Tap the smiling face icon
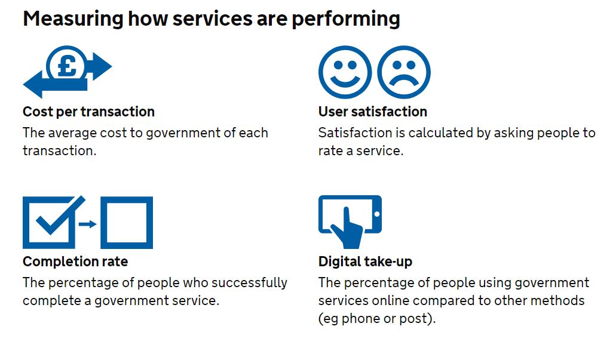[x=344, y=72]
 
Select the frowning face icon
[x=404, y=72]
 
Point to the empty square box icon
[x=126, y=223]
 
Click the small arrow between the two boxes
[x=88, y=224]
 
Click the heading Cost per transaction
[x=88, y=112]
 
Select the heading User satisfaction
[x=372, y=112]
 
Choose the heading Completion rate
[x=75, y=261]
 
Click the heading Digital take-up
[x=365, y=261]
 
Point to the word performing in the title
[x=345, y=19]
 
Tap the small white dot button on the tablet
[x=376, y=214]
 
